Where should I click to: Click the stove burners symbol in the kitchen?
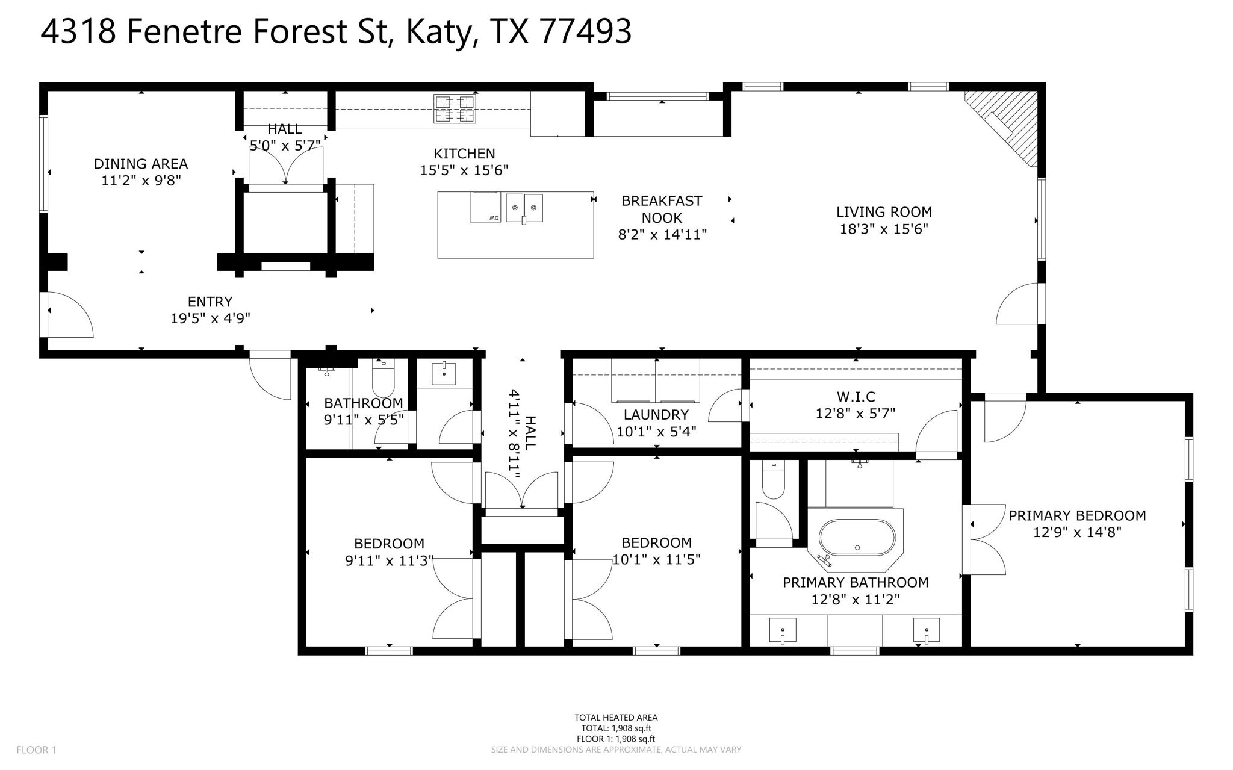[455, 108]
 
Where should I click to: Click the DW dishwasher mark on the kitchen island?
[493, 217]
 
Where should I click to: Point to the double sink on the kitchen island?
[524, 207]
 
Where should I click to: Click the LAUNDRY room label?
[656, 414]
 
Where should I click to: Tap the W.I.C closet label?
[856, 396]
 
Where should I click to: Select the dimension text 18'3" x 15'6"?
[884, 229]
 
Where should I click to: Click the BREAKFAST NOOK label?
[662, 209]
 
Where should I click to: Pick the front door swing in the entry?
[69, 315]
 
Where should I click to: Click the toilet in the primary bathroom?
[773, 480]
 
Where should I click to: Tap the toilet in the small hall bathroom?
[383, 376]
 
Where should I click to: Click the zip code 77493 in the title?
[585, 31]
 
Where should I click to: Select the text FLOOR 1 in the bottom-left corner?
[36, 750]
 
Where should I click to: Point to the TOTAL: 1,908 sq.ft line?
[616, 728]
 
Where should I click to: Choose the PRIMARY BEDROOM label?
[1077, 515]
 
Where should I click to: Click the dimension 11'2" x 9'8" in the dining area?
[141, 180]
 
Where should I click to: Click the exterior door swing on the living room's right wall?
[1017, 304]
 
